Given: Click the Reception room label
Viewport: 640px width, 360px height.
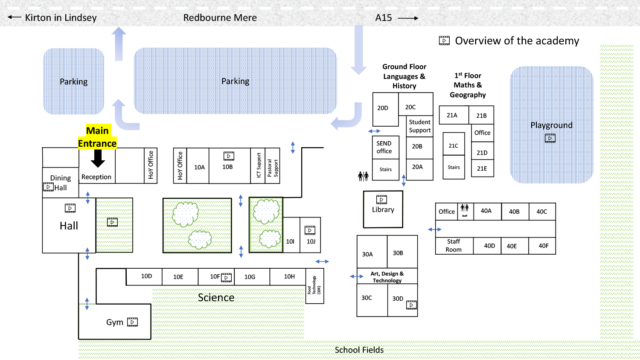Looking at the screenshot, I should point(96,177).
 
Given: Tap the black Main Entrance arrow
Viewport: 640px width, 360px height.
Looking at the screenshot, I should point(98,158).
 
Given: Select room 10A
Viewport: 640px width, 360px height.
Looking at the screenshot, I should point(199,167).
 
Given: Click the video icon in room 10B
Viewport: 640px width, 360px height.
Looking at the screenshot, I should point(229,156).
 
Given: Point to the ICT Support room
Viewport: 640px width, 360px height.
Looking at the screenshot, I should point(259,165).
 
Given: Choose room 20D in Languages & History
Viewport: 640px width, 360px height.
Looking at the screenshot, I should point(383,108).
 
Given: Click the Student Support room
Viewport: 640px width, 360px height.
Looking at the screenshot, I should point(420,126).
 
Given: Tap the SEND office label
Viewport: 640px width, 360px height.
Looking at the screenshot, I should point(384,147).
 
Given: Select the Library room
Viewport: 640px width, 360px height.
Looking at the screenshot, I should point(383,209).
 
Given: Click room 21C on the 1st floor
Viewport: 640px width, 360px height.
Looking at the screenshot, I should point(453,146).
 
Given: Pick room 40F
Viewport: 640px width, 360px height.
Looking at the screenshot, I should point(544,246).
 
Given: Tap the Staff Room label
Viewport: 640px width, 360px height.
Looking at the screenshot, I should point(454,246).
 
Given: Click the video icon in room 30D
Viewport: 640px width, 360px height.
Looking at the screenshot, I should point(411,305).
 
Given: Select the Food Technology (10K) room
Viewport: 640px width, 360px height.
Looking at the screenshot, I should point(314,286).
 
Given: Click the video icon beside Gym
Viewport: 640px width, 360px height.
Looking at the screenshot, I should point(133,322).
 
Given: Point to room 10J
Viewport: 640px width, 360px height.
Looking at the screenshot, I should point(311,241).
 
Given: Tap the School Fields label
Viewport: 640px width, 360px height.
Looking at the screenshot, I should point(359,350).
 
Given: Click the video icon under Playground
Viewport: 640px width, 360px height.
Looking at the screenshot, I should point(550,138).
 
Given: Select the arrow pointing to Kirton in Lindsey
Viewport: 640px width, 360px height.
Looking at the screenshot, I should point(14,17).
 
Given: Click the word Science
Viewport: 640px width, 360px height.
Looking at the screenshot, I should point(216,298).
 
